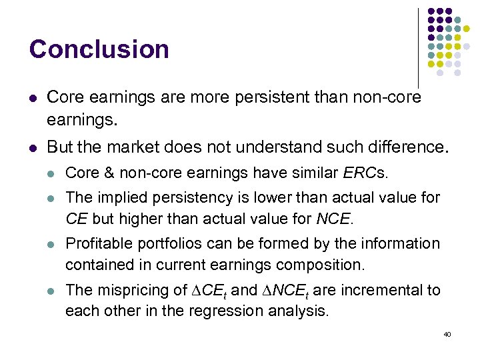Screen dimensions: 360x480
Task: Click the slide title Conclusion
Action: (x=99, y=49)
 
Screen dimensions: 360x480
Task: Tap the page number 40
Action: (x=447, y=333)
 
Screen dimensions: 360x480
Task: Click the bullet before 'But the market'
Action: (x=33, y=147)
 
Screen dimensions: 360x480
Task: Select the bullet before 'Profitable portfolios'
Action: (x=51, y=245)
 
